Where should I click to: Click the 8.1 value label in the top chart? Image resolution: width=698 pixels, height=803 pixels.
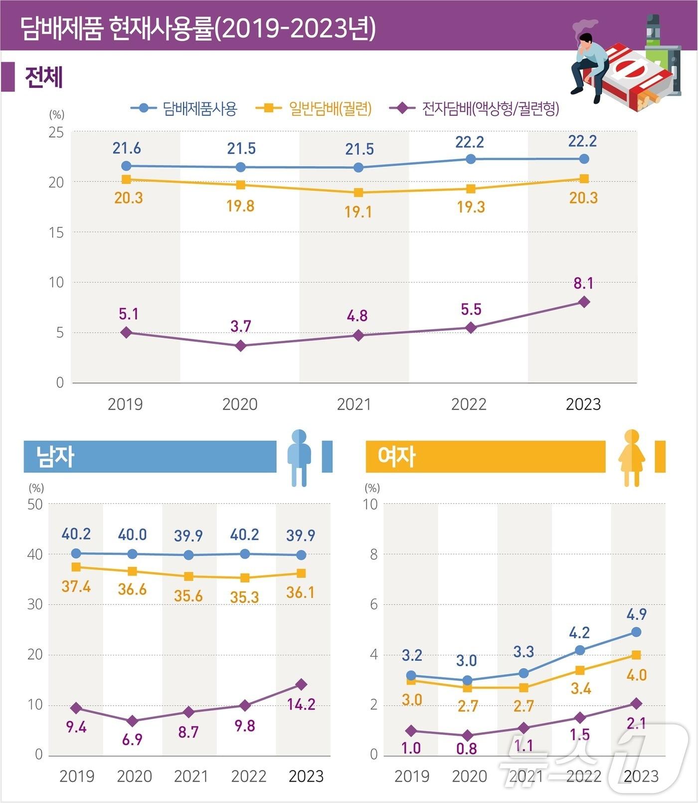coord(583,283)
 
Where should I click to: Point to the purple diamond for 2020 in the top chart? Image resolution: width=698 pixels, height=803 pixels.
coord(241,346)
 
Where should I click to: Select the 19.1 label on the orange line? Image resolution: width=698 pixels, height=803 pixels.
coord(358,212)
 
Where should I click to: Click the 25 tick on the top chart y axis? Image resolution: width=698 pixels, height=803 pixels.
coord(56,132)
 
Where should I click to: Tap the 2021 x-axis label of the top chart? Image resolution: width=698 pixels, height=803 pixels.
coord(354,404)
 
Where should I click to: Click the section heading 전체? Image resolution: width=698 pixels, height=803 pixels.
coord(44,77)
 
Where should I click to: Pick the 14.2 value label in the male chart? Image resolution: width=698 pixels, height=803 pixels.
coord(301,704)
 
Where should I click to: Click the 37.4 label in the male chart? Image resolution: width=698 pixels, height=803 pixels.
coord(76,586)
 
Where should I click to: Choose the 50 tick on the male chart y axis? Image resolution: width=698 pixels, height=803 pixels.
coord(35,504)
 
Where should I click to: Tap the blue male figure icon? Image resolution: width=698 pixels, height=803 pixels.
coord(299,457)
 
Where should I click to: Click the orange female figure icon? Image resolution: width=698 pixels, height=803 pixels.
coord(632,457)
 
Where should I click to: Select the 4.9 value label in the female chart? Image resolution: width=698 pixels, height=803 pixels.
coord(636,614)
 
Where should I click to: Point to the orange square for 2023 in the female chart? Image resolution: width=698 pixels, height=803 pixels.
coord(636,655)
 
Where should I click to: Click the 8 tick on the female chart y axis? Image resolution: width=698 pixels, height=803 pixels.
coord(373,554)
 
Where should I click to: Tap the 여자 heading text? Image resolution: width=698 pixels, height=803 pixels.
coord(396,457)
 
